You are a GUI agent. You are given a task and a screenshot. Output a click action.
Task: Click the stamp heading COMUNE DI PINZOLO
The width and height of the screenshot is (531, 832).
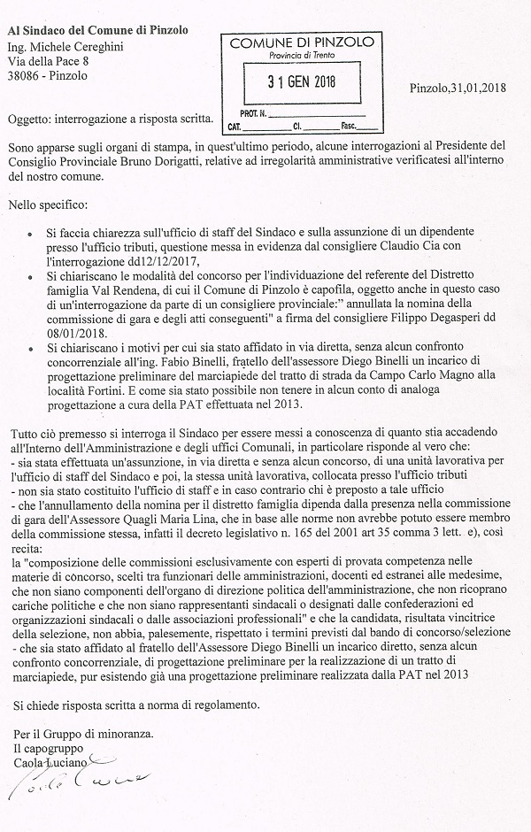[x=296, y=43]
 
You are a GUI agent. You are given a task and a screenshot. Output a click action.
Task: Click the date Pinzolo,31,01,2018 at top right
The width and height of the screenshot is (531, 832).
[x=459, y=87]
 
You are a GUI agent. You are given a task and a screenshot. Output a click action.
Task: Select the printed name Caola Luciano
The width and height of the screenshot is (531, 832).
[x=47, y=762]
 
